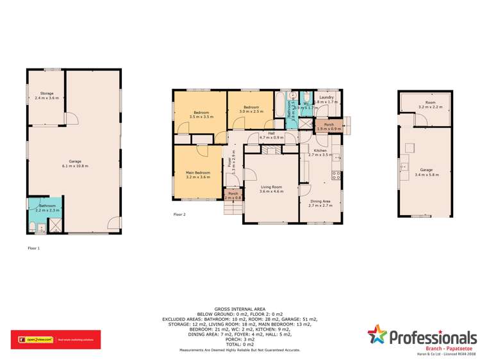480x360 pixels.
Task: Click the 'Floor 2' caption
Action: (179, 215)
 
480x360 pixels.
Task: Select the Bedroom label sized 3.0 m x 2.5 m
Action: (251, 107)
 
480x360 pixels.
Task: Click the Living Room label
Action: (271, 187)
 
